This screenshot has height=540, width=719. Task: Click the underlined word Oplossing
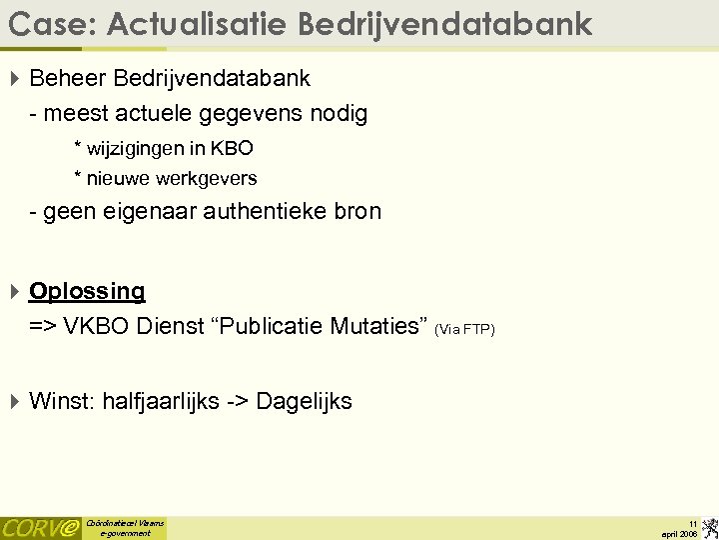(x=87, y=291)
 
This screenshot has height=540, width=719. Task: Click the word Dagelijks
(x=304, y=402)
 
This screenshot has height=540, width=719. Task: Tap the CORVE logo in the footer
(x=40, y=528)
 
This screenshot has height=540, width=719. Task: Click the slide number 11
(x=692, y=523)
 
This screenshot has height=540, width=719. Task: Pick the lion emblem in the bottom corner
(x=709, y=527)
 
